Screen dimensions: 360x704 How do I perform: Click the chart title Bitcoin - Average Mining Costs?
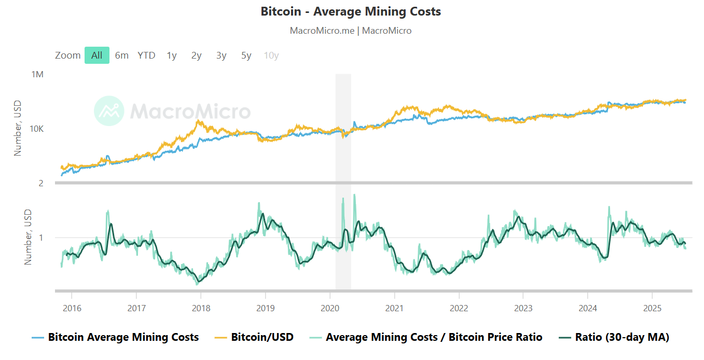(351, 11)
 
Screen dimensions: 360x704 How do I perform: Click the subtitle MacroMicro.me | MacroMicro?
(351, 31)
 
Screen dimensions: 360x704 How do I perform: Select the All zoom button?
(97, 56)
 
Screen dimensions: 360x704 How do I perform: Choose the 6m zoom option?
(122, 56)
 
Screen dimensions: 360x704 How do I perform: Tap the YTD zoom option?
(146, 56)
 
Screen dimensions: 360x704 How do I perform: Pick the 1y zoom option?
(172, 56)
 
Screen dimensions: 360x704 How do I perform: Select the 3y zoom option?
(222, 56)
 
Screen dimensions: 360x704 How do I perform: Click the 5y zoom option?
(246, 56)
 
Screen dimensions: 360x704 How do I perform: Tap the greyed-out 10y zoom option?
(271, 56)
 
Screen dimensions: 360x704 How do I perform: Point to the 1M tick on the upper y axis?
(37, 75)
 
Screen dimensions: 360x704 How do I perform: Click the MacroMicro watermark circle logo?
(109, 110)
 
